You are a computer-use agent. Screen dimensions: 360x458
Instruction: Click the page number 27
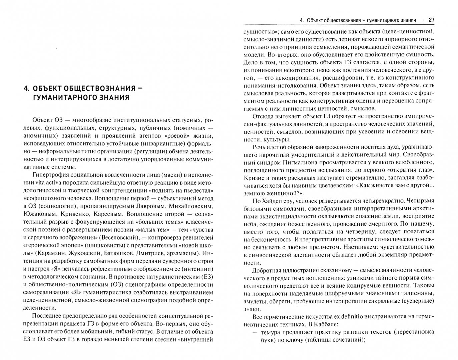(x=431, y=20)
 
